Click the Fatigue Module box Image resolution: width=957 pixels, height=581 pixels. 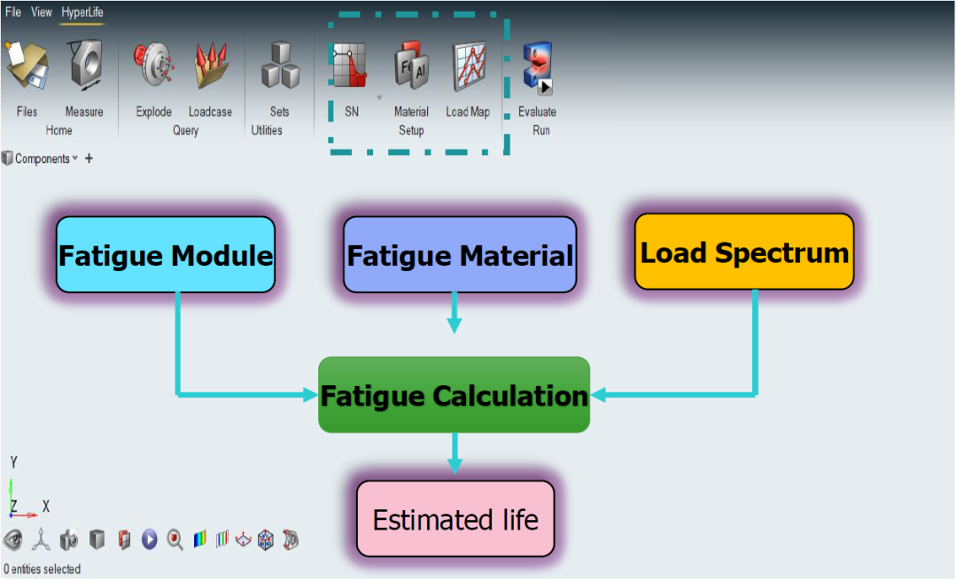166,255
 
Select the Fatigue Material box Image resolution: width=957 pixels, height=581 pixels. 460,255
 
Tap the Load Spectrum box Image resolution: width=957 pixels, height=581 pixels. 744,252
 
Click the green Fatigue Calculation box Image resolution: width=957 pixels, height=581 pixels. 454,395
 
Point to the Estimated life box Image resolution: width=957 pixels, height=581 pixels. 455,519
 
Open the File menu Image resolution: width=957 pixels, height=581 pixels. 13,12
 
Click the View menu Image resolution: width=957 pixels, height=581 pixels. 42,12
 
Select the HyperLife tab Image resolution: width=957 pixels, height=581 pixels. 82,12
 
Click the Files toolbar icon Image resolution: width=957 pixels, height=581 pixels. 27,67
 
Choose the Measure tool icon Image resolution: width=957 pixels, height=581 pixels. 84,67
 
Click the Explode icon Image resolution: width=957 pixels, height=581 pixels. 153,67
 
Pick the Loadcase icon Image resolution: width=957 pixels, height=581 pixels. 210,67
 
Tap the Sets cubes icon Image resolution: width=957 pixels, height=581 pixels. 280,67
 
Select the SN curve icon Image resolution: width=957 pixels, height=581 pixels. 351,67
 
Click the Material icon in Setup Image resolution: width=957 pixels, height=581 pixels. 411,67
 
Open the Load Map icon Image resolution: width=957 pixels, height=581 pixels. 469,67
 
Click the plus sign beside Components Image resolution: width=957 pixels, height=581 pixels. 89,159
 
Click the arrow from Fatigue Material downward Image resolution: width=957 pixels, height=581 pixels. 455,313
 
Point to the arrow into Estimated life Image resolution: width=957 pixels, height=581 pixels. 455,453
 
